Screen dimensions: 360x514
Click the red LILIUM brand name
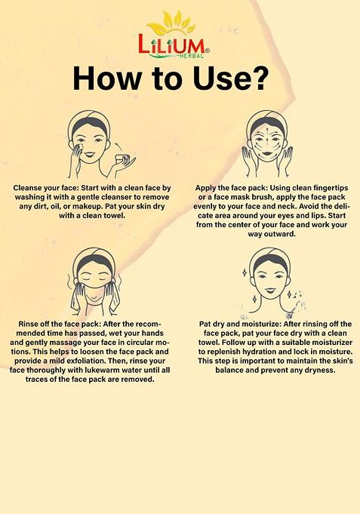point(171,44)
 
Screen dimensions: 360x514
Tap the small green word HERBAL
point(192,56)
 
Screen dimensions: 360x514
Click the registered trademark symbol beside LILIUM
point(208,51)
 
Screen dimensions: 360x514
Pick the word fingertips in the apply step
point(331,188)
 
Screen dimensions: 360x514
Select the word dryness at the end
point(319,371)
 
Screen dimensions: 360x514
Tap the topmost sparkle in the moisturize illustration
point(245,272)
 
